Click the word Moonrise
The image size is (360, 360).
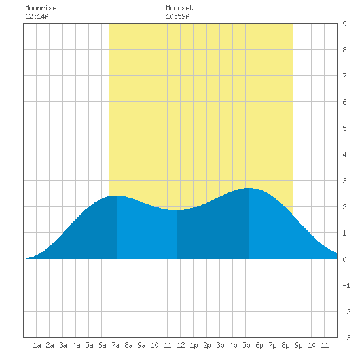(41, 8)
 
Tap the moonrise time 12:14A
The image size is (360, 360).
(37, 16)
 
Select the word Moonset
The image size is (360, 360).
(179, 8)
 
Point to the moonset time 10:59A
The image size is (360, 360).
(177, 16)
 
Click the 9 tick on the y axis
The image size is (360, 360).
(344, 24)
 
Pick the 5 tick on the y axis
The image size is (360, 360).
(344, 128)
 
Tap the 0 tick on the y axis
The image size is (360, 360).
(344, 259)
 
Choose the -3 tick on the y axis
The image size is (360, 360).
(346, 338)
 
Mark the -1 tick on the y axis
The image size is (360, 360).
(346, 285)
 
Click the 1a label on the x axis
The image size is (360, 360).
(37, 345)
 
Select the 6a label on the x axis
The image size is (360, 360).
(102, 345)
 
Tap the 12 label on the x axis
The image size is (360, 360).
(181, 345)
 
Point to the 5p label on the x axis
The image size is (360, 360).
(246, 345)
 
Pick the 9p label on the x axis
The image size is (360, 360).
(298, 345)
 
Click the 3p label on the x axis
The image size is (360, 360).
(220, 345)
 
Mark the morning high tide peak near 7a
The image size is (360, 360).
(117, 196)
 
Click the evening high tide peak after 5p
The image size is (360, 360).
(249, 188)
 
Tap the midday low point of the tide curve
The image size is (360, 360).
(177, 210)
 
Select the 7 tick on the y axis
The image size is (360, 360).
(344, 76)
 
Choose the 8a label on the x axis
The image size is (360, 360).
(128, 345)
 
